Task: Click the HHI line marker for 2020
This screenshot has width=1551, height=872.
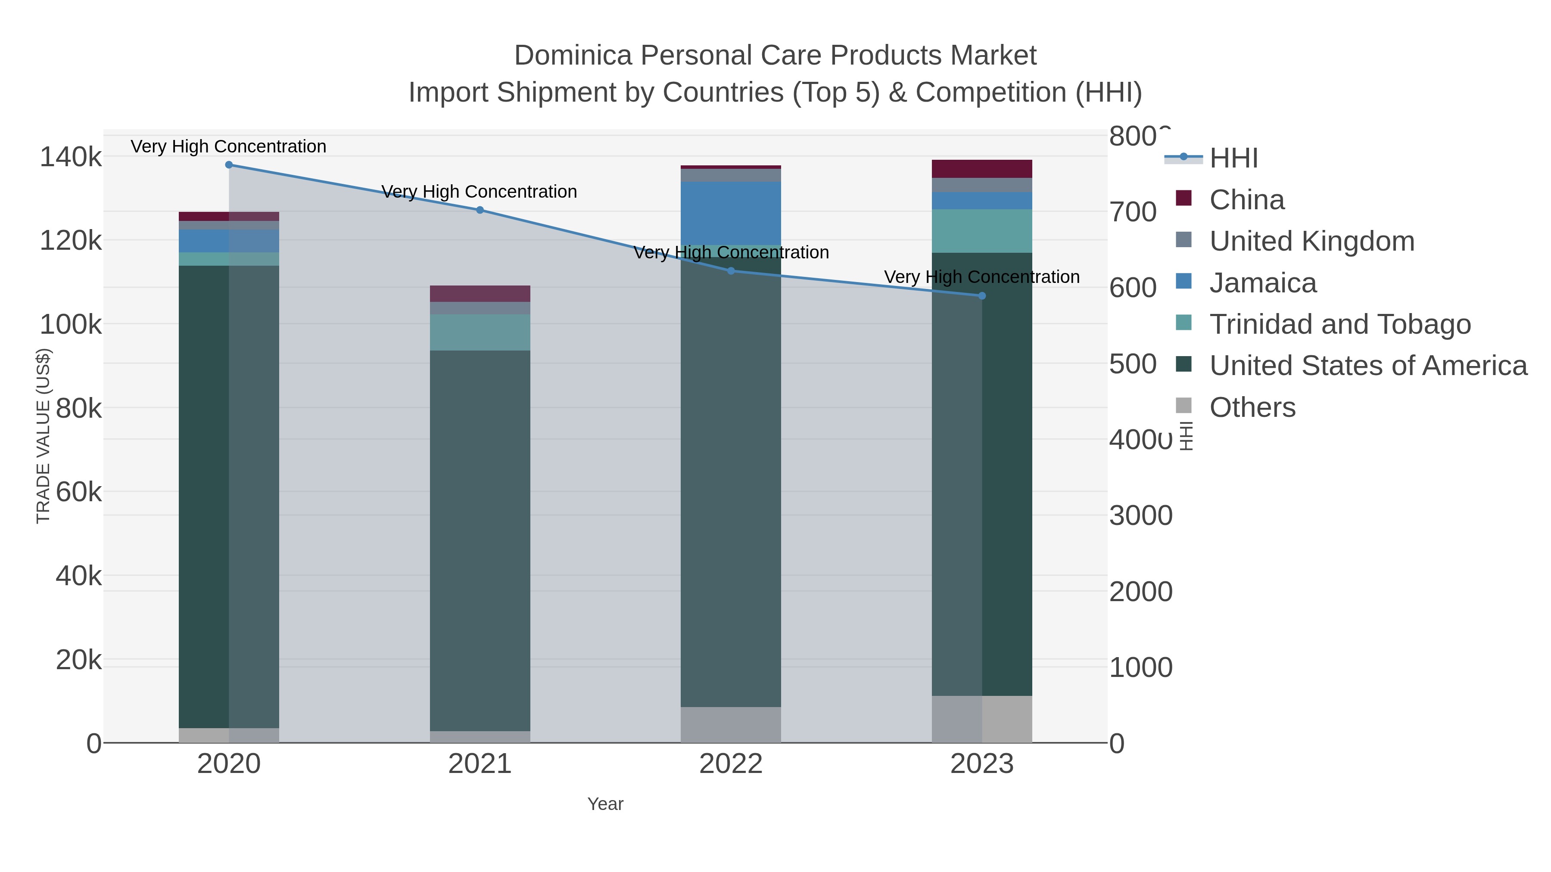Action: point(229,165)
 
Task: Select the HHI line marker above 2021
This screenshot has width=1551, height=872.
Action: point(480,210)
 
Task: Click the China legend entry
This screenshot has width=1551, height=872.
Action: point(1246,200)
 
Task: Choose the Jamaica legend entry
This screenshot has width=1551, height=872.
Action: point(1263,283)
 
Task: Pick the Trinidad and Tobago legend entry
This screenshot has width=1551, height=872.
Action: point(1339,324)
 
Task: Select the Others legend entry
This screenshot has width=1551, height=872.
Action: point(1252,407)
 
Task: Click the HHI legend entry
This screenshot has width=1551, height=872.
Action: point(1233,158)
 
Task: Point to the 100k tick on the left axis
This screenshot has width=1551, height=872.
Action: point(71,325)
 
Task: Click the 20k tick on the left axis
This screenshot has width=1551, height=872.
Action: point(78,660)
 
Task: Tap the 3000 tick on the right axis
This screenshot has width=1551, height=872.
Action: point(1140,516)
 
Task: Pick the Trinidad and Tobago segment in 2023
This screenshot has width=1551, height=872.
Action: point(982,231)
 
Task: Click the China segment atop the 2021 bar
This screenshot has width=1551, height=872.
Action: point(480,294)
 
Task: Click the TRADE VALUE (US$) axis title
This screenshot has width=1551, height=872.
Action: point(44,436)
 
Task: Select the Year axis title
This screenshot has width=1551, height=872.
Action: point(605,804)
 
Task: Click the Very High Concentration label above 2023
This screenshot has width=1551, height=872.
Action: point(981,277)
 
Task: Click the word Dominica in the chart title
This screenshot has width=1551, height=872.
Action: point(573,56)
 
